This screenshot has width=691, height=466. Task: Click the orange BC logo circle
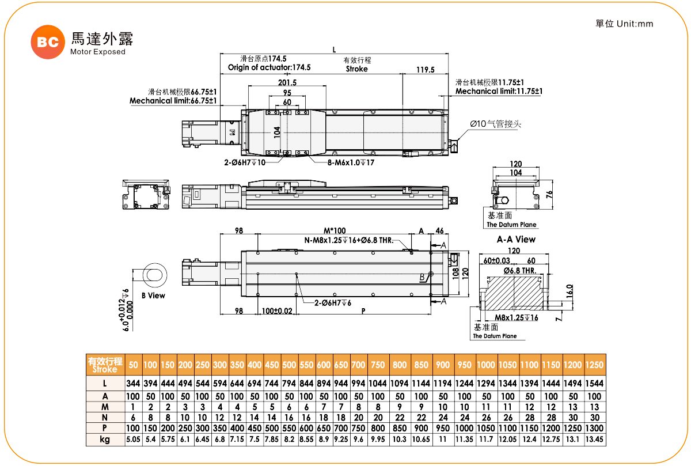[48, 42]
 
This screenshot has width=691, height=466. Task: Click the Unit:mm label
[635, 24]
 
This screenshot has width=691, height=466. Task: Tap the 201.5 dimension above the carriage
[287, 82]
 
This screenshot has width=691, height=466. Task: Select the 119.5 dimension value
[426, 70]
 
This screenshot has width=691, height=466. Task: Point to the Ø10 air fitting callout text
[495, 124]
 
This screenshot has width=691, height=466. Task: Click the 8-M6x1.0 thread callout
[351, 162]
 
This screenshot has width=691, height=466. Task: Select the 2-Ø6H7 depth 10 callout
[245, 162]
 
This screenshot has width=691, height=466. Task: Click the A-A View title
[516, 240]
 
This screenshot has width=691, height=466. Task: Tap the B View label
[153, 295]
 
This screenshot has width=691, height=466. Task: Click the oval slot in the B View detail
[154, 275]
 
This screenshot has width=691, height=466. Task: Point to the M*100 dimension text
[335, 230]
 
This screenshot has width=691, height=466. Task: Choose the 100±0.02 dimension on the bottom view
[277, 311]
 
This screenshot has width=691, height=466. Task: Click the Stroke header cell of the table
[105, 365]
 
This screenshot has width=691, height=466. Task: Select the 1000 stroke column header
[486, 365]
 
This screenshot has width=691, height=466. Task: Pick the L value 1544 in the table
[594, 383]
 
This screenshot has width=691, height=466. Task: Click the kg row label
[105, 440]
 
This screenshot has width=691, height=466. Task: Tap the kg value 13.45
[594, 439]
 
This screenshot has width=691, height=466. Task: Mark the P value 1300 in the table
[594, 429]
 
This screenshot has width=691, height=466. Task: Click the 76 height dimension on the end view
[549, 194]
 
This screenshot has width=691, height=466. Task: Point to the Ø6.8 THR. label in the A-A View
[520, 271]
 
